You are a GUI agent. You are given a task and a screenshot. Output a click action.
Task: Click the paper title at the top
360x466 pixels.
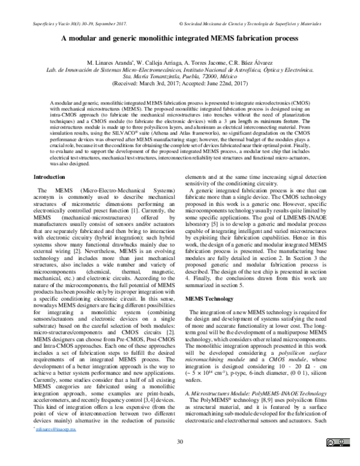click(180, 37)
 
